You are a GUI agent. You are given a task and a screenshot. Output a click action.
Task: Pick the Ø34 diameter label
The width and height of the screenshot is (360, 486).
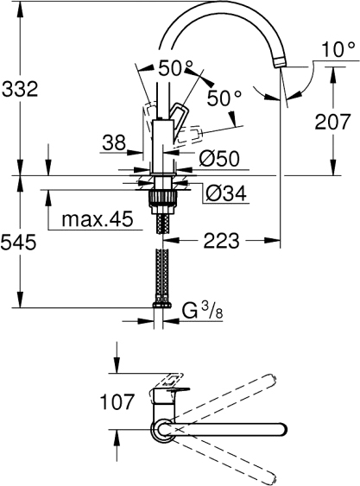pos(224,194)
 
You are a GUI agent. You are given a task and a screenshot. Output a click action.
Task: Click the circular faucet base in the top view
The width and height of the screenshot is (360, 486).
pos(163,428)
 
